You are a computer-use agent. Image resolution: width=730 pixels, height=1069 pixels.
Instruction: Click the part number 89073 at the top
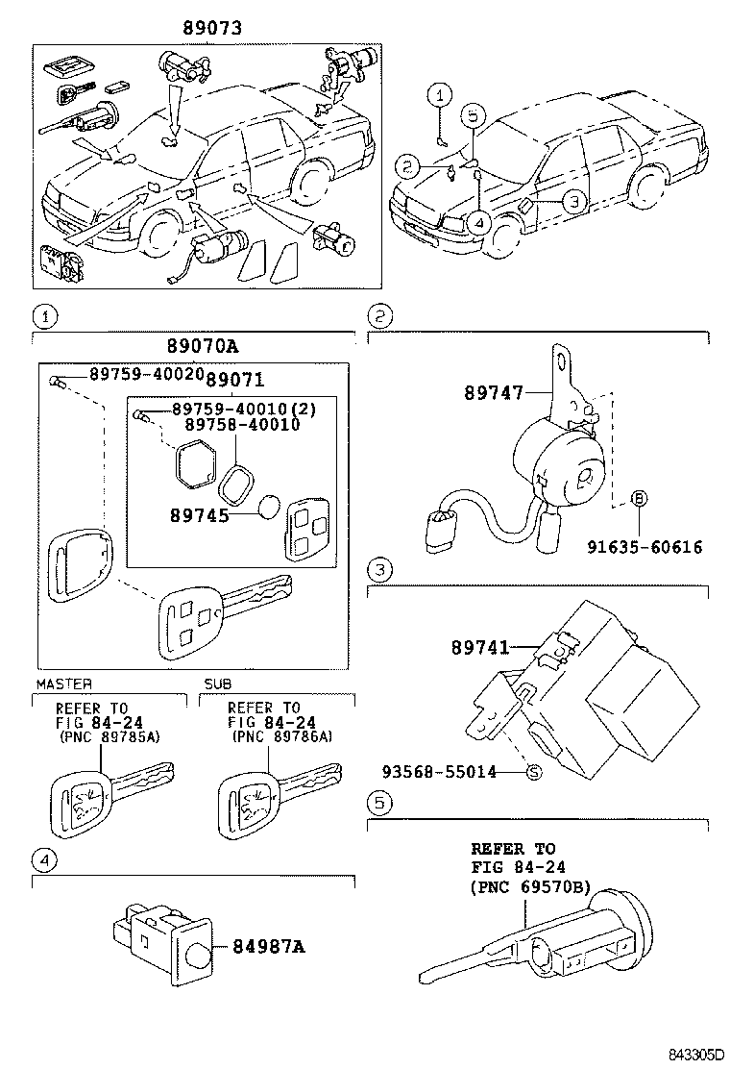pos(211,29)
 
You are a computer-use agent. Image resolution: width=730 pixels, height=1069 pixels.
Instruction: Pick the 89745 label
pos(198,514)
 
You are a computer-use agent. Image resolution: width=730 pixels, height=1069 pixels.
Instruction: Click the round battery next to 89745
pos(269,508)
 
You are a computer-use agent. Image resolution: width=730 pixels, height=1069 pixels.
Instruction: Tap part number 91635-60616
pos(645,547)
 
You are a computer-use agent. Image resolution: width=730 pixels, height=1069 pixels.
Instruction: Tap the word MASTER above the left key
pos(63,684)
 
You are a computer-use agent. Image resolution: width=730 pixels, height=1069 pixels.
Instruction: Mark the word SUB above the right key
pos(217,684)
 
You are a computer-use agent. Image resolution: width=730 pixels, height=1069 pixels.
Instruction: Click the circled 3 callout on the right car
pos(572,202)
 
